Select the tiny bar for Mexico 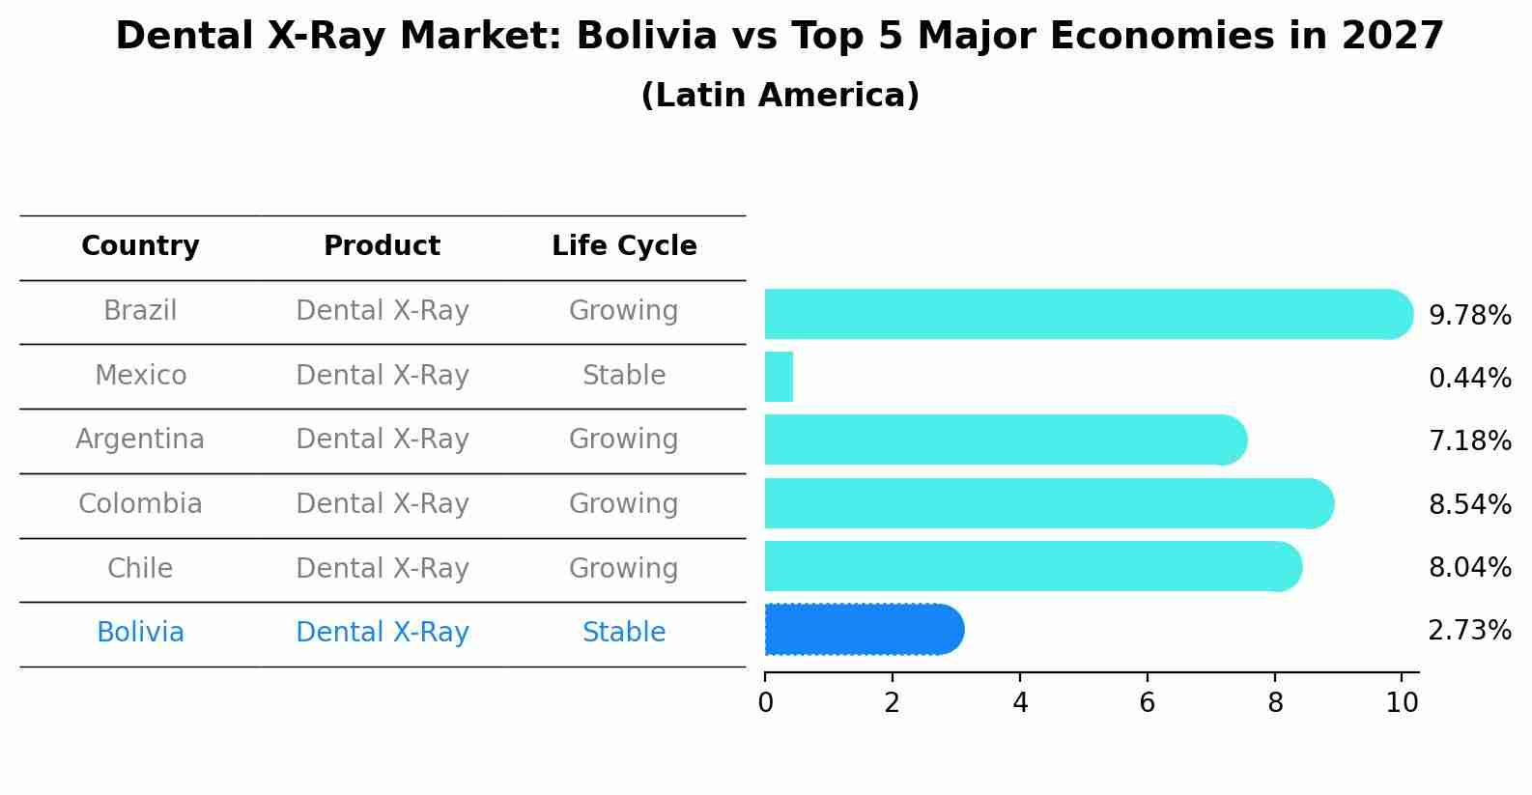click(779, 377)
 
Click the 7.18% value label click(1469, 441)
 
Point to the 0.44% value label click(1469, 378)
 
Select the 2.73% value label click(1469, 631)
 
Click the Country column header click(140, 246)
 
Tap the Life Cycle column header click(624, 246)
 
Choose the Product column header click(382, 246)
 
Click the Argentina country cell click(140, 440)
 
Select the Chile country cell click(140, 568)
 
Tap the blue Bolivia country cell click(140, 633)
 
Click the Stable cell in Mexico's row click(624, 375)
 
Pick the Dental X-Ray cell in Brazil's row click(382, 311)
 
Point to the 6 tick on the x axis click(1147, 702)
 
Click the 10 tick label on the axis click(1402, 702)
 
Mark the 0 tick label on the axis click(765, 702)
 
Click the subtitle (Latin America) click(780, 96)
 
